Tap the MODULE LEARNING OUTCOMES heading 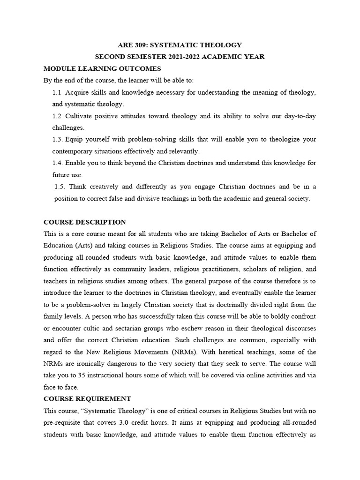click(x=102, y=68)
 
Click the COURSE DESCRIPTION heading click(x=84, y=222)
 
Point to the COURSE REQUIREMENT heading click(x=87, y=399)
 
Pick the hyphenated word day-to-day click(x=299, y=116)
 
